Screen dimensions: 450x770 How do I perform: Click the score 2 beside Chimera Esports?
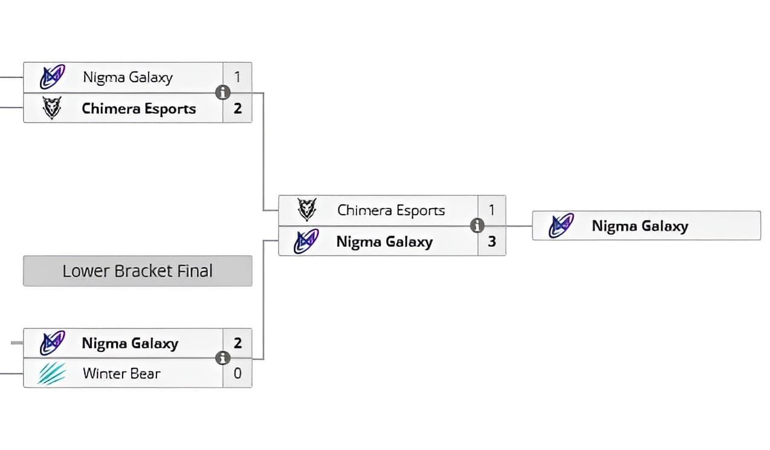tap(238, 109)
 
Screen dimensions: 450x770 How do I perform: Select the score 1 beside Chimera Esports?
tap(492, 210)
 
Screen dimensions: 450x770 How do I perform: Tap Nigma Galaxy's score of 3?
tap(492, 242)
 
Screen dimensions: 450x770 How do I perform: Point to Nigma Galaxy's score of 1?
tap(238, 77)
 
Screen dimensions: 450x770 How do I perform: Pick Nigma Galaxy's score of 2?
tap(238, 343)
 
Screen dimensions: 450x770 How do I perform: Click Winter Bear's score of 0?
tap(238, 374)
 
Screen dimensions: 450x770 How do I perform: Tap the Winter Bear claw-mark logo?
tap(52, 374)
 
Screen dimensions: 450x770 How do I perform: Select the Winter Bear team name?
tap(121, 374)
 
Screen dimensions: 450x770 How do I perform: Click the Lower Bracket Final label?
tap(137, 271)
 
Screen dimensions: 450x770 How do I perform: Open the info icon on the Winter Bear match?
tap(223, 358)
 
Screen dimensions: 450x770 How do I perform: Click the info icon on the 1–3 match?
tap(477, 226)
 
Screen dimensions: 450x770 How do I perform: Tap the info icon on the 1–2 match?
tap(223, 93)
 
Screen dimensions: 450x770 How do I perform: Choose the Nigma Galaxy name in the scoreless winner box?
tap(640, 226)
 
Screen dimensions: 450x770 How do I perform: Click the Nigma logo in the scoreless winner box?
tap(561, 226)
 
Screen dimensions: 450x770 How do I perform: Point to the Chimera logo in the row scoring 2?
tap(52, 109)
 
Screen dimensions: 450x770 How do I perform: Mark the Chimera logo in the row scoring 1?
tap(306, 210)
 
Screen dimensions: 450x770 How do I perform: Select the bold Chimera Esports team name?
tap(139, 109)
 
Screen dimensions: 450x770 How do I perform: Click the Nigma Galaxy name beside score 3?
tap(384, 242)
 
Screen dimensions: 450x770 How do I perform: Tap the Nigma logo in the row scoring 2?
tap(52, 343)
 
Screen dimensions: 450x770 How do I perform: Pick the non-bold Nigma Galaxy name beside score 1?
tap(128, 77)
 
